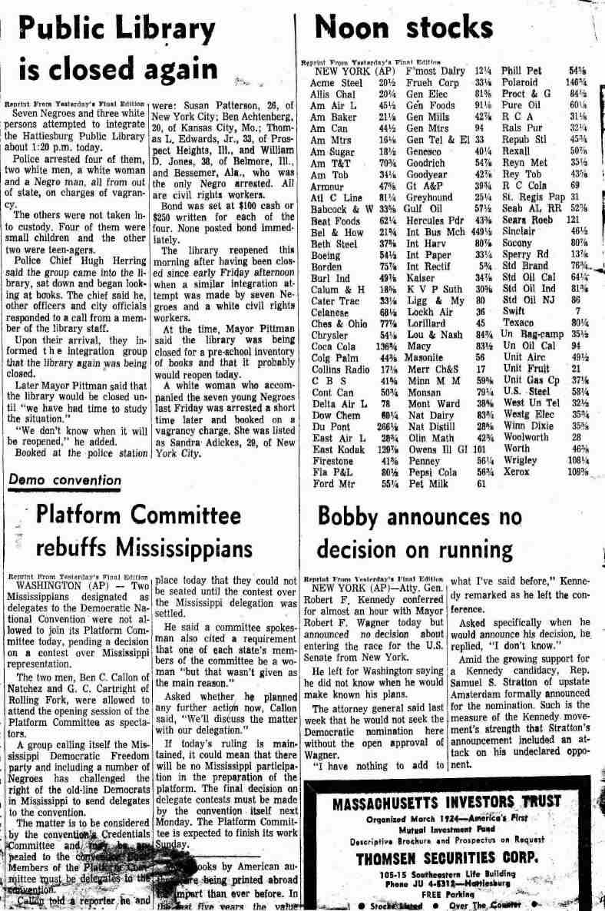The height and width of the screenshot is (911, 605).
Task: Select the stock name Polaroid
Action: (x=520, y=81)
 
